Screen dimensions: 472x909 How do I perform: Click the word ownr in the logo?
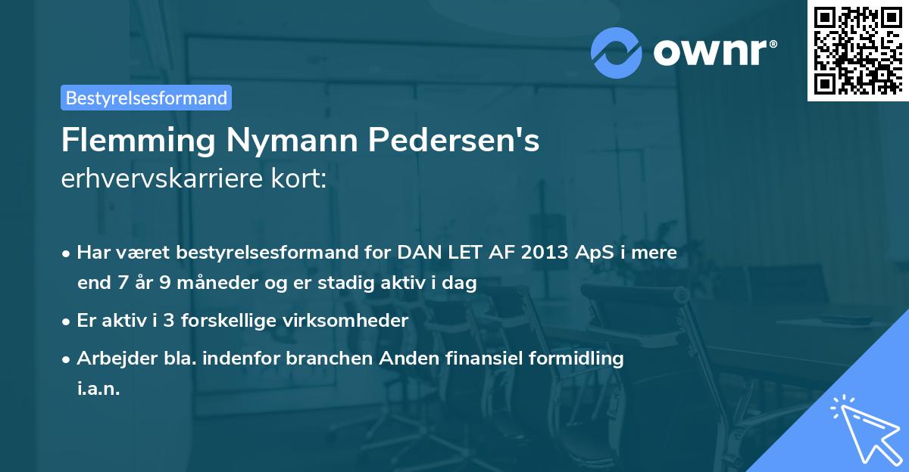[713, 52]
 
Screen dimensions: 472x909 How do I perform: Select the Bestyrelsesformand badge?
[146, 98]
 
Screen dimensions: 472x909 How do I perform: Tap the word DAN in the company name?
[416, 253]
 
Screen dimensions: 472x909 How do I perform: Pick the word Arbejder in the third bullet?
[111, 358]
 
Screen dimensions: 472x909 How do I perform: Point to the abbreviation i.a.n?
[98, 389]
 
